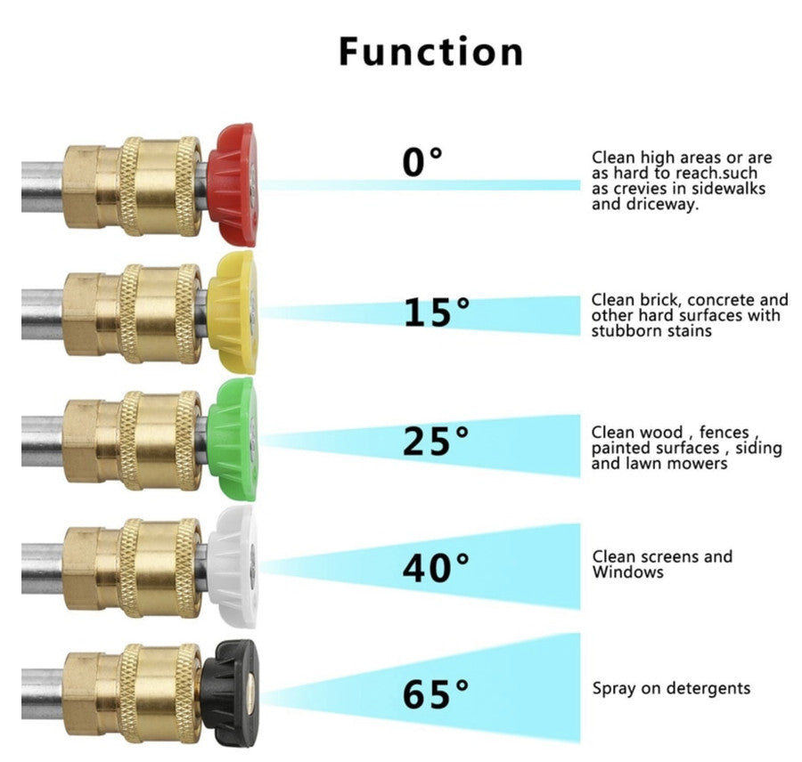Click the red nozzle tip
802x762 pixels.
click(232, 184)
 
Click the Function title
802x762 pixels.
click(431, 52)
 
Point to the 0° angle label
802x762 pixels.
click(422, 162)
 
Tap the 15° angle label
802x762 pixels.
click(436, 312)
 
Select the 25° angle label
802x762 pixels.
click(436, 441)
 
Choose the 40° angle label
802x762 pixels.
click(436, 568)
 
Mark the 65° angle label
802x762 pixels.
click(436, 694)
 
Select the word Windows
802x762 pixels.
click(628, 572)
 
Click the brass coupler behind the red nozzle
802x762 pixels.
click(134, 184)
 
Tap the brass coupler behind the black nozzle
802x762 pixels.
click(134, 693)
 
